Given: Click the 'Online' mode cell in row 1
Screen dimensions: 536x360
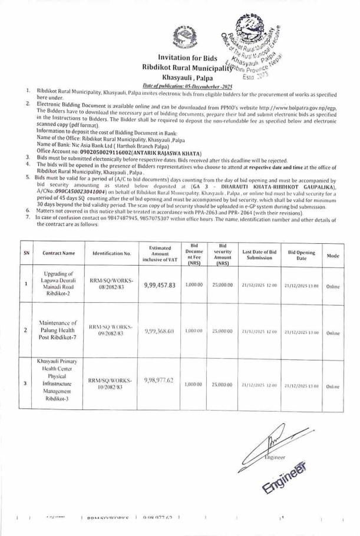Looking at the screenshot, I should (332, 270).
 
